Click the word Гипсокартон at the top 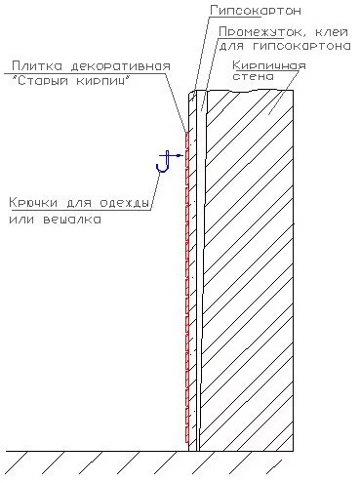pos(256,11)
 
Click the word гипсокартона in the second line pos(302,46)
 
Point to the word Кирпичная pos(269,66)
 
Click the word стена pos(253,76)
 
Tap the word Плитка pos(37,66)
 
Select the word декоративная pos(121,66)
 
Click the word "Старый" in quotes pos(39,80)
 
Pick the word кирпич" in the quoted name pos(103,80)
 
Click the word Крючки pos(33,203)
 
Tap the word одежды pos(124,204)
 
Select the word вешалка pos(72,220)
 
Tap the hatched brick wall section pos(247,270)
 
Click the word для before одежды pos(79,204)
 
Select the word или pos(21,220)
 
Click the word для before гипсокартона pos(231,47)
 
